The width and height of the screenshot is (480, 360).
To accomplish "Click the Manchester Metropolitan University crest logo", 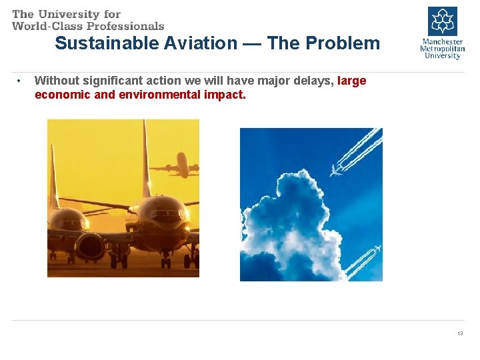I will pyautogui.click(x=442, y=21).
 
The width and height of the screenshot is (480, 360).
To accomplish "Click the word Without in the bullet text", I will pyautogui.click(x=56, y=81).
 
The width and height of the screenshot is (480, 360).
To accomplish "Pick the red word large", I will pyautogui.click(x=352, y=81).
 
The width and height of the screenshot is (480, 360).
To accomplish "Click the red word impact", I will pyautogui.click(x=229, y=95).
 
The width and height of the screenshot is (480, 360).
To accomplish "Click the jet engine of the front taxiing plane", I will pyautogui.click(x=89, y=245).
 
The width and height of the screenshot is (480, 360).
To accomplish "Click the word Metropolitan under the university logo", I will pyautogui.click(x=442, y=48).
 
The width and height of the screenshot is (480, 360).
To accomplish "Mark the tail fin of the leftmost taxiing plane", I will pyautogui.click(x=53, y=177).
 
